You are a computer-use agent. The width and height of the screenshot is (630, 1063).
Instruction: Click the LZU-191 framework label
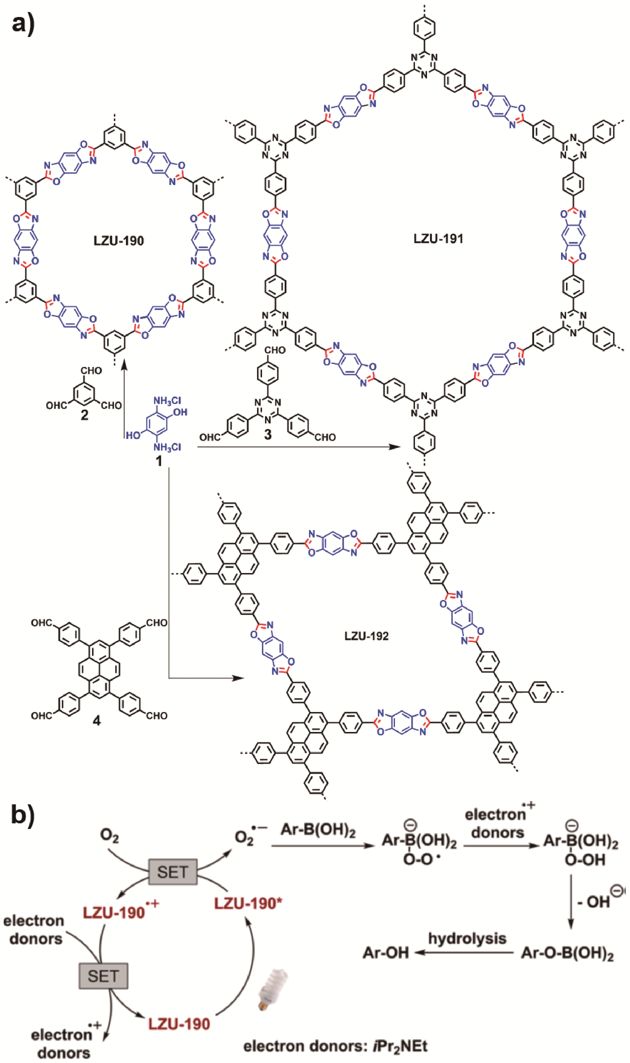[x=438, y=239]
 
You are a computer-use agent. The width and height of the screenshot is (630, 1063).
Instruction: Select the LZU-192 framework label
[x=366, y=636]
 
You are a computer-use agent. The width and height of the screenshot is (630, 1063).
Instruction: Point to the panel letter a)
[x=23, y=24]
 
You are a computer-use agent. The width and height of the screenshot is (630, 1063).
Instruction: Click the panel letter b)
[x=23, y=813]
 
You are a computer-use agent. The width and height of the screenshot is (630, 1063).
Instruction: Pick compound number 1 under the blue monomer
[x=159, y=461]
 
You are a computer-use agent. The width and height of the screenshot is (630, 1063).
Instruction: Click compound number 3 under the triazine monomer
[x=267, y=434]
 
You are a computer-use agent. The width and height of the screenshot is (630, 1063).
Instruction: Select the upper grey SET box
[x=172, y=872]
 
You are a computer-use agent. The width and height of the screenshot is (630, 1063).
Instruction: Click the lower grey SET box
[x=103, y=976]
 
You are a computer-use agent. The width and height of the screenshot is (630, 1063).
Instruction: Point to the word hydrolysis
[x=467, y=938]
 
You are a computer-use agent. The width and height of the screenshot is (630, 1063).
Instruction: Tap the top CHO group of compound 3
[x=275, y=350]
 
